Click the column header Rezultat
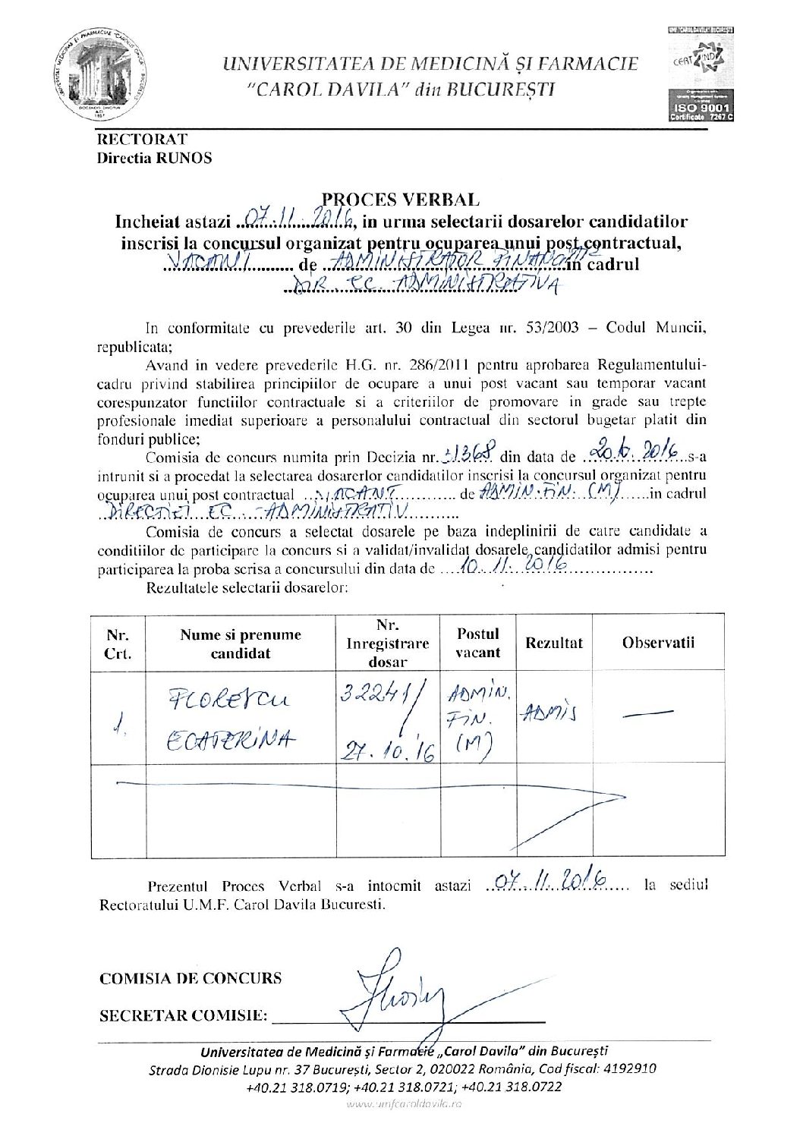click(553, 643)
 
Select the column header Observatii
click(658, 643)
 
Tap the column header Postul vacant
click(478, 643)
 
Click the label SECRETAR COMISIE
click(184, 1015)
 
